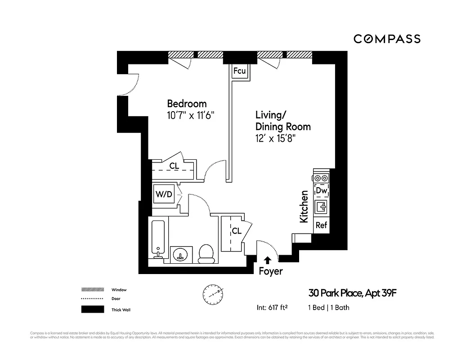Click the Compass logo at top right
coord(387,39)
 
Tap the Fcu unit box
coord(239,71)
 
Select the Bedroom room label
coord(187,103)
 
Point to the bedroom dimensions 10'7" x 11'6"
coord(189,115)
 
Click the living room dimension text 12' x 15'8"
coord(278,138)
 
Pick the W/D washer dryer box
coord(164,194)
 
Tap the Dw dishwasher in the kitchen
coord(321,190)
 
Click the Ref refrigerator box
coord(321,225)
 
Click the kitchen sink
coord(321,207)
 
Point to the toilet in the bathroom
coord(206,253)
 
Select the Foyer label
coord(271,271)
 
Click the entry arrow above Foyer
coord(268,260)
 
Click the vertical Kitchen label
coord(304,207)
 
